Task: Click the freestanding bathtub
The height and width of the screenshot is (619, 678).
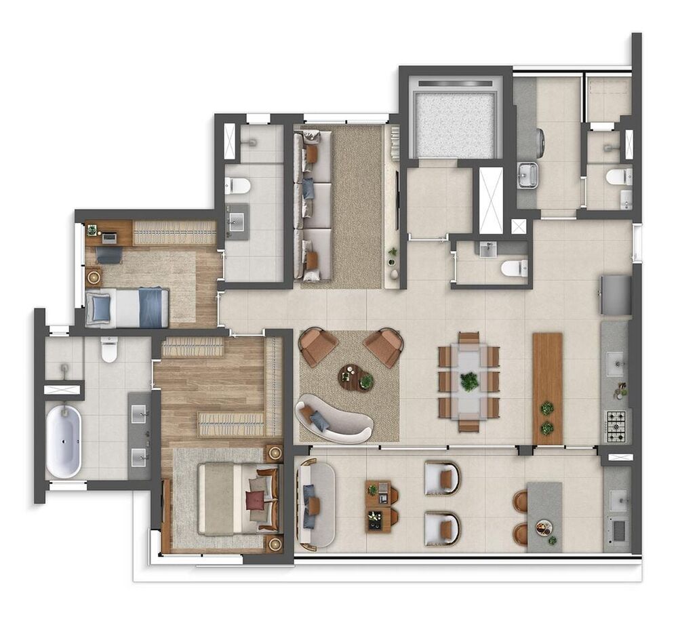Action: [63, 441]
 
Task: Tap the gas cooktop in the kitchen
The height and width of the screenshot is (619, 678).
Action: [617, 426]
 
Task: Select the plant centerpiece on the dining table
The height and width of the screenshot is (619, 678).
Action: [469, 382]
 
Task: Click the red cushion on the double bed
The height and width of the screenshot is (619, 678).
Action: [256, 500]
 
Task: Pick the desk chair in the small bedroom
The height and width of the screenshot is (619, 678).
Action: [108, 254]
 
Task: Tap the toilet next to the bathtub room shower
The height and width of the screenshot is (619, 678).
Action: [109, 349]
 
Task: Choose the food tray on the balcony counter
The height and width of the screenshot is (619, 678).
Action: [543, 527]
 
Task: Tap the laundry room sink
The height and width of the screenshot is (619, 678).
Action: [527, 174]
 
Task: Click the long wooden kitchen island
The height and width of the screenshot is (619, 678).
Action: [548, 388]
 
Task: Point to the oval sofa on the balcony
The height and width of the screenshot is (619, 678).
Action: [316, 504]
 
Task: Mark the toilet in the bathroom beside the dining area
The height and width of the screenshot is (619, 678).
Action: [514, 268]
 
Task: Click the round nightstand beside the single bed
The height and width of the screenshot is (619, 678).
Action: [93, 276]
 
